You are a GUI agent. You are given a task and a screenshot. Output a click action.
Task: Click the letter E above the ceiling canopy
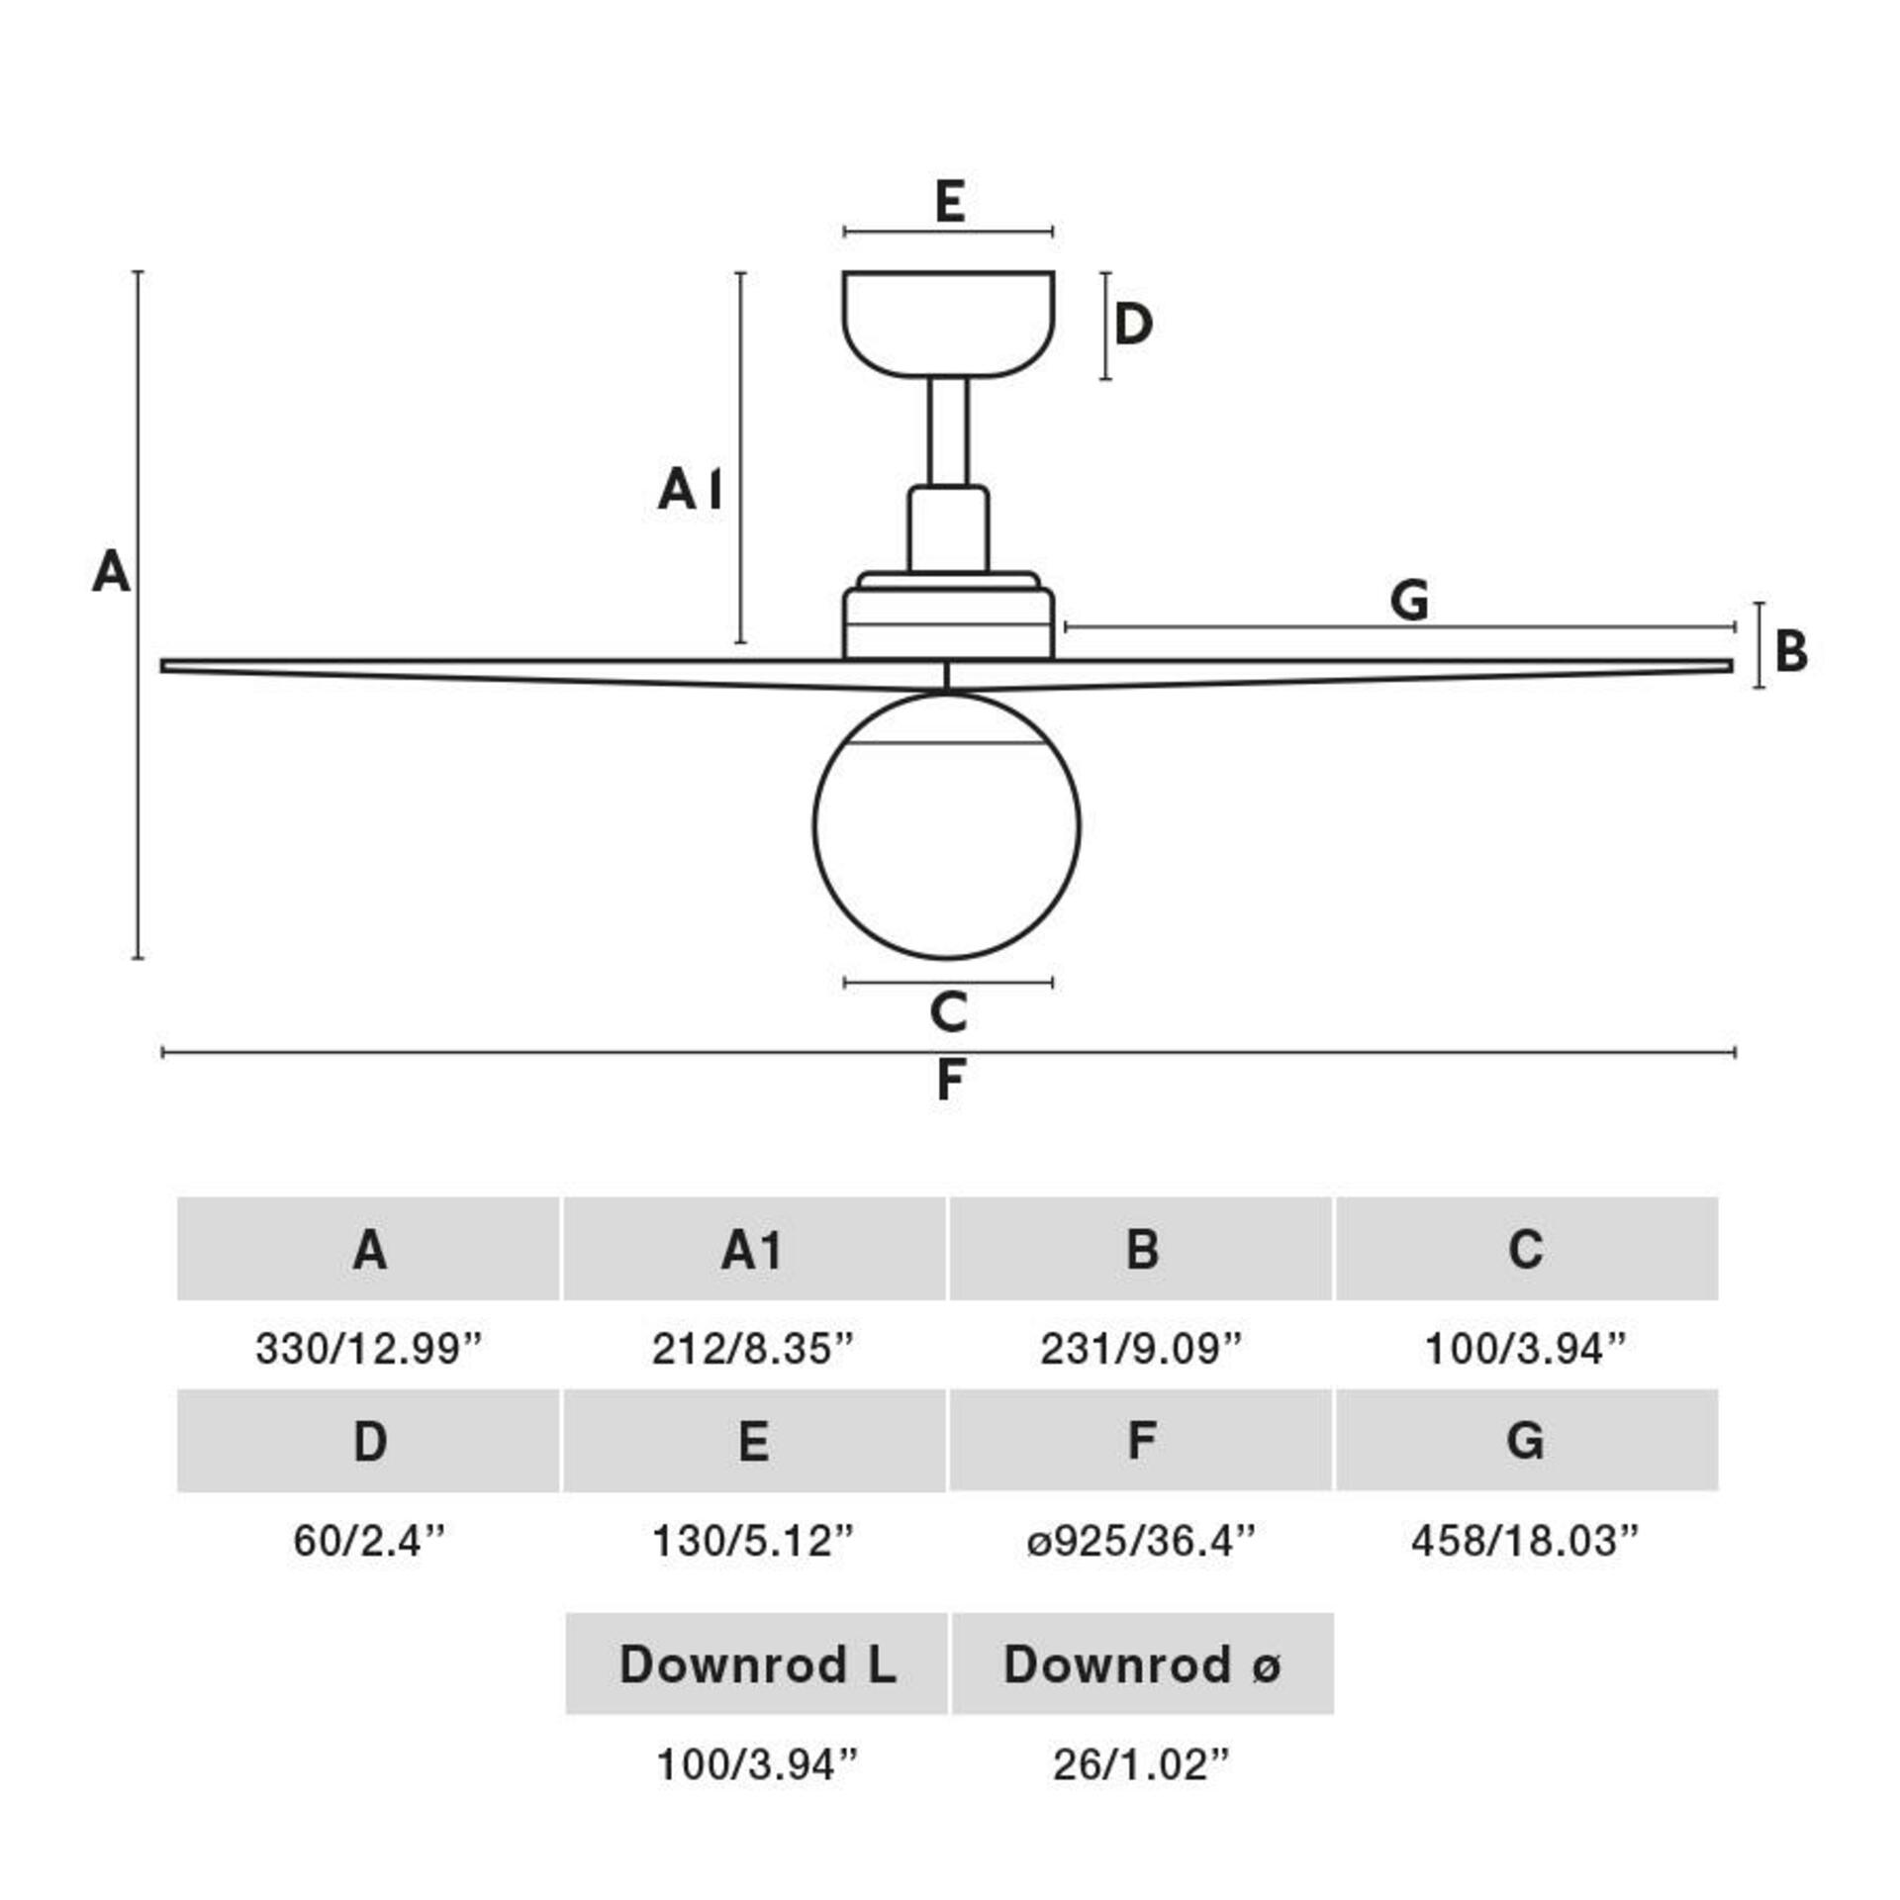click(x=949, y=202)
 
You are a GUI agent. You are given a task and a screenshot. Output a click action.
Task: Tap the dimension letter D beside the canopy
click(x=1133, y=325)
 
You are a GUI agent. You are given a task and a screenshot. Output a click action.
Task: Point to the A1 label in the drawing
click(x=690, y=490)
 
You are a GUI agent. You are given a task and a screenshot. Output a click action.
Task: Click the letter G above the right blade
click(x=1409, y=600)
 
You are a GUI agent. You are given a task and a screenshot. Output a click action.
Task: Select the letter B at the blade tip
click(x=1791, y=652)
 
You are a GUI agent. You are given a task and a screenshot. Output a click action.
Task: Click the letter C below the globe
click(x=948, y=1012)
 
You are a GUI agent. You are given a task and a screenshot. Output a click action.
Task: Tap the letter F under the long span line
click(x=950, y=1080)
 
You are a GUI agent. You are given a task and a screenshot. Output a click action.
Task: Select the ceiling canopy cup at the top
click(x=948, y=322)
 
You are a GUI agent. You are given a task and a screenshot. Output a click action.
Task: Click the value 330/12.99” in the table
click(x=368, y=1349)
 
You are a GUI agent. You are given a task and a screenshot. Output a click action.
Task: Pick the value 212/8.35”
click(x=752, y=1349)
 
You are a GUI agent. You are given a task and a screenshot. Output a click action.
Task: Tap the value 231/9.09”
click(x=1140, y=1349)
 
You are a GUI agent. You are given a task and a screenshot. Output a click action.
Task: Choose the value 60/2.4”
click(x=368, y=1541)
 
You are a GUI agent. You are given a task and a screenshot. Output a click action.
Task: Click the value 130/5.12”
click(x=752, y=1541)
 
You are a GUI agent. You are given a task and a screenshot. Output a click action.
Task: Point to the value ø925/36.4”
click(x=1140, y=1541)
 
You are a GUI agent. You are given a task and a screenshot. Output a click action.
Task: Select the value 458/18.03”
click(x=1525, y=1541)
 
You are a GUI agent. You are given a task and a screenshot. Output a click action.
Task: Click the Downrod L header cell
click(x=757, y=1664)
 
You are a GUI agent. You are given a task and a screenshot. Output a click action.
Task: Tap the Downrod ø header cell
click(x=1143, y=1664)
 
